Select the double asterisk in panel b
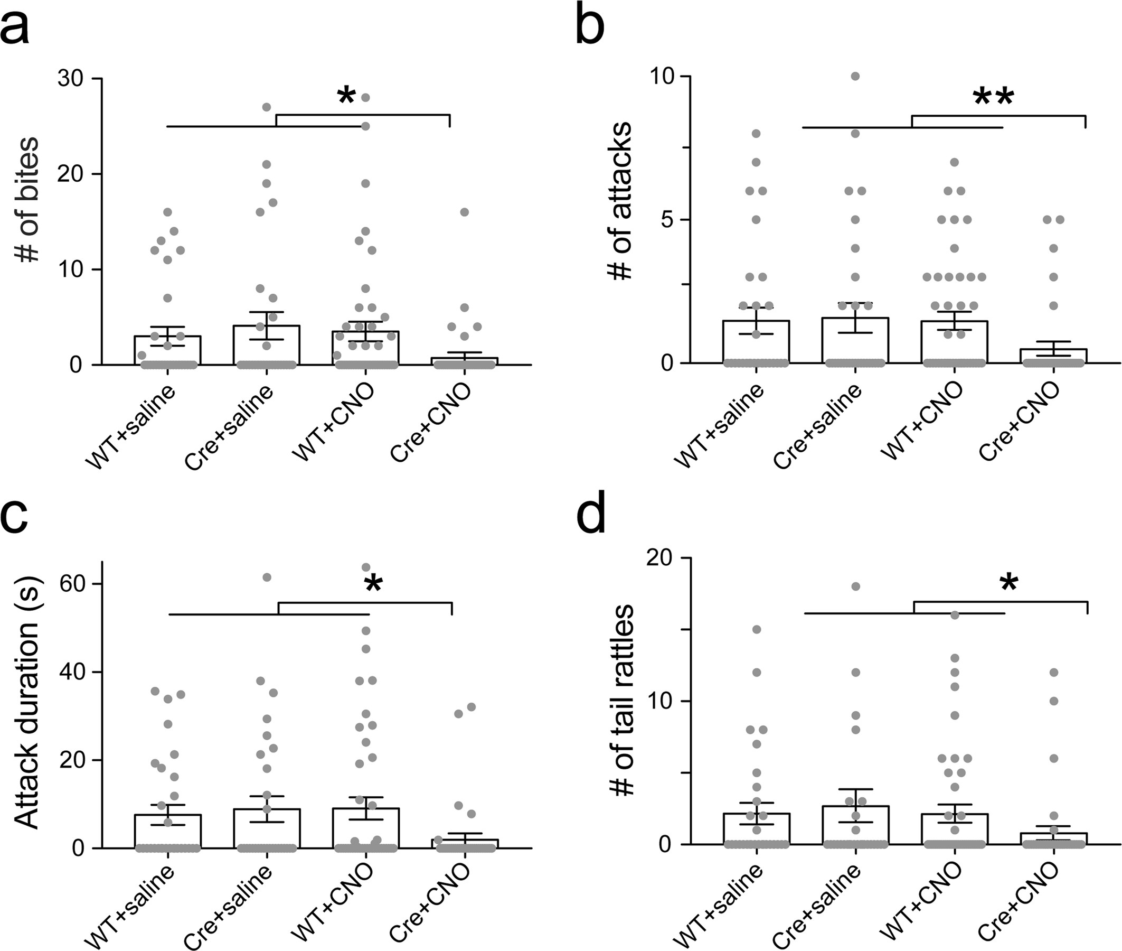coord(994,98)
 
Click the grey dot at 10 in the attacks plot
coord(855,76)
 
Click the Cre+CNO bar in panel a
coord(464,361)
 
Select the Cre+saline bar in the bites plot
coord(267,345)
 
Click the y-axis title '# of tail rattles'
coord(623,701)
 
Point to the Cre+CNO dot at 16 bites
coord(464,212)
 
